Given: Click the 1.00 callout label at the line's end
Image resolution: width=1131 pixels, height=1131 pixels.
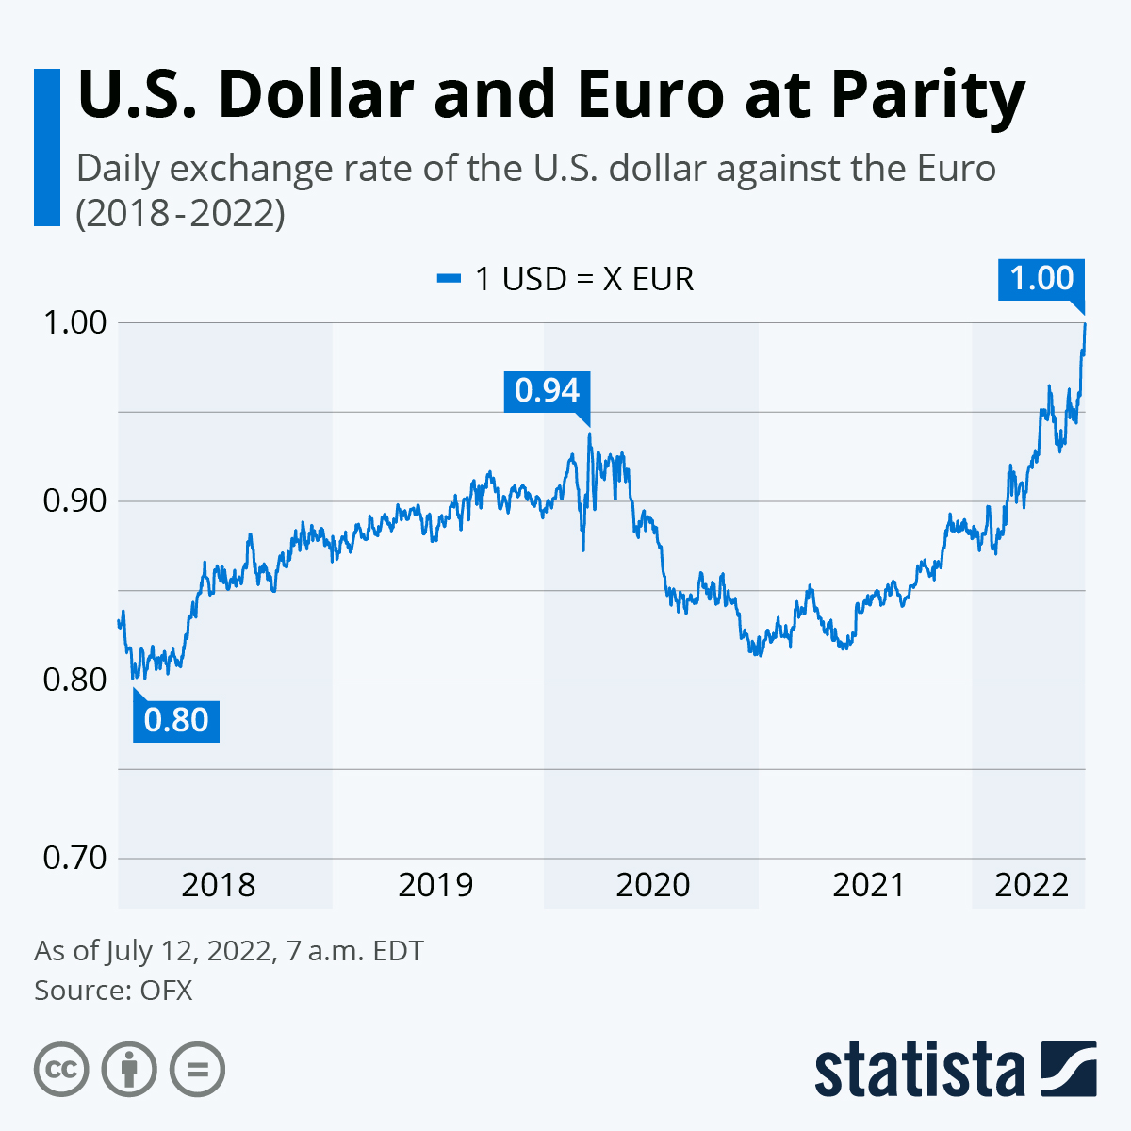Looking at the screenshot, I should [x=1041, y=279].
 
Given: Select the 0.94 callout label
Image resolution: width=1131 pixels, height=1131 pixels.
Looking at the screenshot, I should [x=547, y=390].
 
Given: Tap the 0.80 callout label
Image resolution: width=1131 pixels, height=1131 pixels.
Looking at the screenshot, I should [x=176, y=721].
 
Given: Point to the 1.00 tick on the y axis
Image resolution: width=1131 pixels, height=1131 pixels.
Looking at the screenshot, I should [x=75, y=322].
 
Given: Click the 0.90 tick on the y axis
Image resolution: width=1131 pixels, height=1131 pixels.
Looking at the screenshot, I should [x=75, y=500].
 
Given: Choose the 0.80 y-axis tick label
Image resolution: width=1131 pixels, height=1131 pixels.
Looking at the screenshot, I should [x=75, y=680].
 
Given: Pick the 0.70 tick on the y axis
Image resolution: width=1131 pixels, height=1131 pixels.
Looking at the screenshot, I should [x=75, y=858].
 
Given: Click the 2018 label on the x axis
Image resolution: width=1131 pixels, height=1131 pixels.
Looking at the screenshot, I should [x=218, y=885].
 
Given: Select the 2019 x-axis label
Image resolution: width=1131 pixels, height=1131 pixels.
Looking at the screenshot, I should [x=435, y=885].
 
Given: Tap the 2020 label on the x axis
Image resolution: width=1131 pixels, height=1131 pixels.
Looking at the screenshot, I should [x=652, y=885].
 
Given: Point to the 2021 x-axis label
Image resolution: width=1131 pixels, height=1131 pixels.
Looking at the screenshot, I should [x=869, y=885].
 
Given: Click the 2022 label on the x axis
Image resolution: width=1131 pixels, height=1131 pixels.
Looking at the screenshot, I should [x=1032, y=885].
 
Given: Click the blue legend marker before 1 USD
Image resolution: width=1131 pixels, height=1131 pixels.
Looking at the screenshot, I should [x=449, y=279].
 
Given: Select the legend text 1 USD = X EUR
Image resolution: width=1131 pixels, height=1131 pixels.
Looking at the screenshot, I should [x=584, y=279].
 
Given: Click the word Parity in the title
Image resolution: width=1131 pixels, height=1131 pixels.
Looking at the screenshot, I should [x=927, y=95].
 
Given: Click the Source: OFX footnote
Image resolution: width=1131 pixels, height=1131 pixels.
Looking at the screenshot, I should [x=113, y=991].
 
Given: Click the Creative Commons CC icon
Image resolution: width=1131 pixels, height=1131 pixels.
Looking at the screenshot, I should [x=61, y=1070].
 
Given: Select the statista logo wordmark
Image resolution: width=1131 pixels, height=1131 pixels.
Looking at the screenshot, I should [x=920, y=1070].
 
